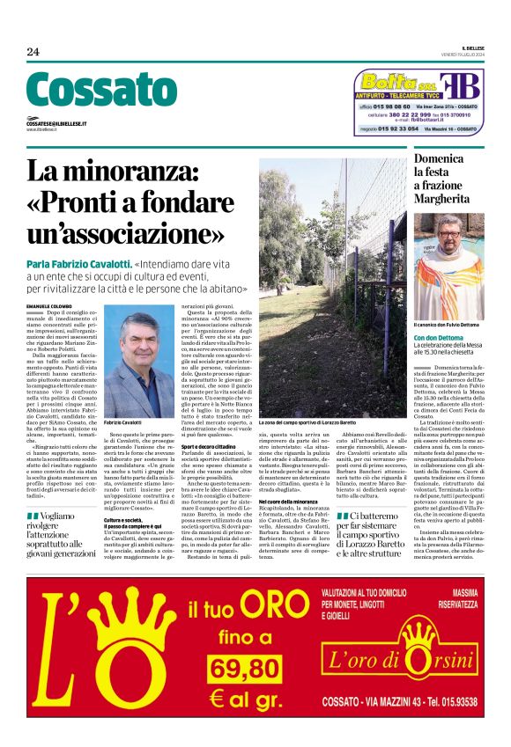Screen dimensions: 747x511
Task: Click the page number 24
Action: coord(33,52)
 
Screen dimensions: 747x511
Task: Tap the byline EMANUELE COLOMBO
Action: coord(53,304)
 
